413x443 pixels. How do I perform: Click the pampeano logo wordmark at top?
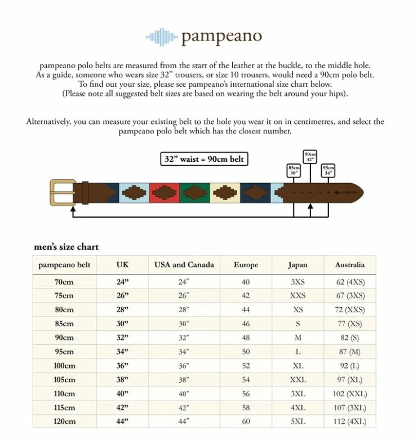click(221, 37)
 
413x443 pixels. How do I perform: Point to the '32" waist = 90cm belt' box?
click(204, 159)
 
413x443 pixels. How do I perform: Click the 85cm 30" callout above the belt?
click(294, 170)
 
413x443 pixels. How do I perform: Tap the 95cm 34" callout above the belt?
click(328, 170)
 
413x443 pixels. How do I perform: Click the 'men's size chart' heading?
click(66, 247)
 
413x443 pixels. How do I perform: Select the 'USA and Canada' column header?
click(184, 264)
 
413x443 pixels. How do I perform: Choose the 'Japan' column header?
click(298, 264)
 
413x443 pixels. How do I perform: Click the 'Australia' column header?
click(350, 264)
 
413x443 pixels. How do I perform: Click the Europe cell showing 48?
click(246, 337)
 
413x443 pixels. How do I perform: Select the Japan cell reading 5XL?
click(298, 422)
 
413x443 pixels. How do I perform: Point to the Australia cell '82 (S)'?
click(350, 337)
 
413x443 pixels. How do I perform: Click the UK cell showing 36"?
click(122, 365)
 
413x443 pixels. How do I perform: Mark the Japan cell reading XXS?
click(298, 295)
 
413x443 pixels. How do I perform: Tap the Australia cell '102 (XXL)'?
click(350, 393)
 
